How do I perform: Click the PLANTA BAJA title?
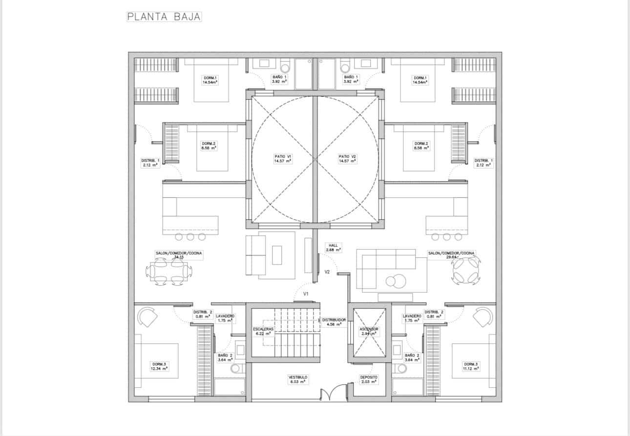coord(164,17)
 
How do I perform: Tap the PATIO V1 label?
coord(283,158)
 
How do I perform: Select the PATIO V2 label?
coord(347,158)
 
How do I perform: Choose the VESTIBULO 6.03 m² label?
coord(297,379)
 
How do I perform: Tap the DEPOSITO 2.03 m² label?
coord(369,379)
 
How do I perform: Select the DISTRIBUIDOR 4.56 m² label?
coord(334,322)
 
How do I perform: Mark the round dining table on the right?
coord(466,270)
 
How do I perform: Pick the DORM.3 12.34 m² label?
coord(159,366)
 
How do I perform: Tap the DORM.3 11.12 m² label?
coord(471,366)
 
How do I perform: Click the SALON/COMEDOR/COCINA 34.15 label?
coord(178,255)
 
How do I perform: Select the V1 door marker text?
coord(306,294)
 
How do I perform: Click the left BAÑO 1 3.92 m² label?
coord(279,79)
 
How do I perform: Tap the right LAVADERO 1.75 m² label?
coord(412,318)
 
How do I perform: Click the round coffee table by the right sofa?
coord(393,281)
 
